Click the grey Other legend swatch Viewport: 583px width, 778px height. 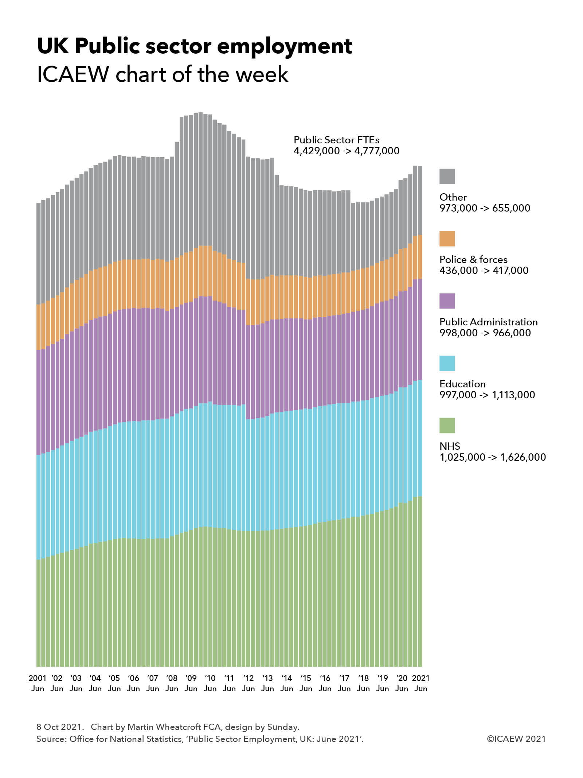coord(447,176)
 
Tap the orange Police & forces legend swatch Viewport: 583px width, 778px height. coord(447,239)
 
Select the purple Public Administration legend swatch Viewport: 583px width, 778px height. coord(447,301)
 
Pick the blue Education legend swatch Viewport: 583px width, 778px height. coord(447,363)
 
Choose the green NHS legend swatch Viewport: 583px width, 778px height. coord(447,425)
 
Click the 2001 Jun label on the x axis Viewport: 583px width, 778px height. coord(38,683)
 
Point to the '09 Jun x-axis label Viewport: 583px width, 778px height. coord(191,683)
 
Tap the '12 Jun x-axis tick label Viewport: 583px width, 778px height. coord(248,683)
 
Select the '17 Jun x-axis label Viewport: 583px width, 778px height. coord(344,683)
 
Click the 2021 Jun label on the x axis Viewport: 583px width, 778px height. coord(421,683)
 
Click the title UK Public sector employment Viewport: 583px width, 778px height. coord(195,46)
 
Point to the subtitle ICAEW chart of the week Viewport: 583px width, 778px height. coord(163,74)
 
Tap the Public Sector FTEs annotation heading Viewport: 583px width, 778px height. coord(336,140)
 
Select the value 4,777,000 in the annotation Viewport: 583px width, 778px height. coord(377,151)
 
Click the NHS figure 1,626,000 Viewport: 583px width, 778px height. coord(523,457)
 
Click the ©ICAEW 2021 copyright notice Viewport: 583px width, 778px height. coord(516,739)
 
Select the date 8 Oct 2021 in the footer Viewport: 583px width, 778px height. coord(58,727)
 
